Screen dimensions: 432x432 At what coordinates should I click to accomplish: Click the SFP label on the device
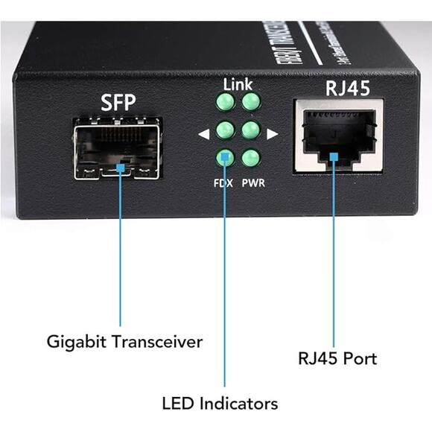click(118, 104)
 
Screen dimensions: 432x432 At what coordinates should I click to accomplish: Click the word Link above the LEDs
click(238, 84)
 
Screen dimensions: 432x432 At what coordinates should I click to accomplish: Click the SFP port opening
click(118, 151)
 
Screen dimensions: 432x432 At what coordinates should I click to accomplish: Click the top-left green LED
click(225, 102)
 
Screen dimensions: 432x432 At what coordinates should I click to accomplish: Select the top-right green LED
click(251, 102)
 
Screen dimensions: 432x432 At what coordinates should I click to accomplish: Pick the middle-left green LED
click(225, 130)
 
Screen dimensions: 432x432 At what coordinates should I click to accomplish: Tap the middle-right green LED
click(251, 130)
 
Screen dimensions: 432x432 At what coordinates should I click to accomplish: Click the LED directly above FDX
click(225, 158)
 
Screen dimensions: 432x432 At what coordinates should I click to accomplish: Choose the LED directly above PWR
click(251, 158)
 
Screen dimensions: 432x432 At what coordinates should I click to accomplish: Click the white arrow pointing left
click(203, 134)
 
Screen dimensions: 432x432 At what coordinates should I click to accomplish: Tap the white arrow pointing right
click(272, 134)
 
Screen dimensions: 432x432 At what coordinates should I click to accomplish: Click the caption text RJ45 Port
click(337, 359)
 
